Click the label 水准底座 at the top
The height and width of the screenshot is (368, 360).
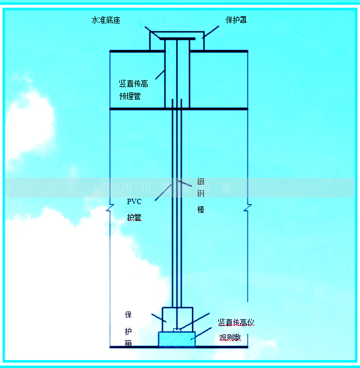coord(106,20)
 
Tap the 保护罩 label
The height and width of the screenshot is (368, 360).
coord(236,20)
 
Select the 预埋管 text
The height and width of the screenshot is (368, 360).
coord(130,96)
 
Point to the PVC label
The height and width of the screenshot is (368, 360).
coord(133,202)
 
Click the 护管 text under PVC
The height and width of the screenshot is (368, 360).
coord(134,217)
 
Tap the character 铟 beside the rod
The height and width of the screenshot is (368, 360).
coord(201,180)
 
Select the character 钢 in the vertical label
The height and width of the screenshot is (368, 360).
coord(201,195)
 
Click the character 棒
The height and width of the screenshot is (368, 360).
coord(201,210)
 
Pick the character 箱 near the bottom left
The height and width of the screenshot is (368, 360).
coord(128,344)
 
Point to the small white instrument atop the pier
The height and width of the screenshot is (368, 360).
coord(176,330)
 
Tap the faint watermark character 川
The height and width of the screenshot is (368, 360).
coord(143,188)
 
